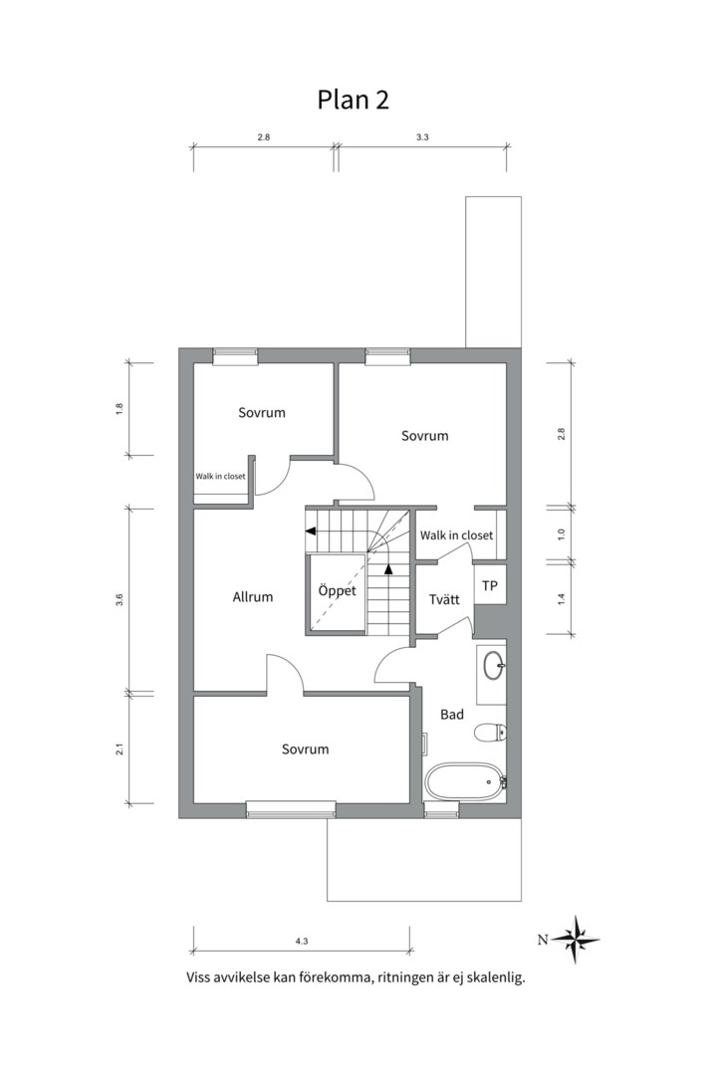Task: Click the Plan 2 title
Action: pos(353,101)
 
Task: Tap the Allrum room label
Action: pos(253,597)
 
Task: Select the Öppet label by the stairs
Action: pos(337,589)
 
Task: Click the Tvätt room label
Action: pos(444,599)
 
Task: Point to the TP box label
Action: pos(489,586)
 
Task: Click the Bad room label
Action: pos(452,715)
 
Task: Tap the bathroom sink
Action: pos(494,666)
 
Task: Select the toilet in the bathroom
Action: pos(490,733)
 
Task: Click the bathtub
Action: pos(464,781)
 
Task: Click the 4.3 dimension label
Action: pos(301,942)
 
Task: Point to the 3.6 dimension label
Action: pos(119,600)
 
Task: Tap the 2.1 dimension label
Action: pos(119,750)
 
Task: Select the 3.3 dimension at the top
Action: pos(422,137)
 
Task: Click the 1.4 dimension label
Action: pos(562,598)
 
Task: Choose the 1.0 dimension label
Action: pos(562,535)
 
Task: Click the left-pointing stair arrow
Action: pos(311,531)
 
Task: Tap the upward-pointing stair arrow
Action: pos(389,567)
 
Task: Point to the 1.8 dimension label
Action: pos(119,409)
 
